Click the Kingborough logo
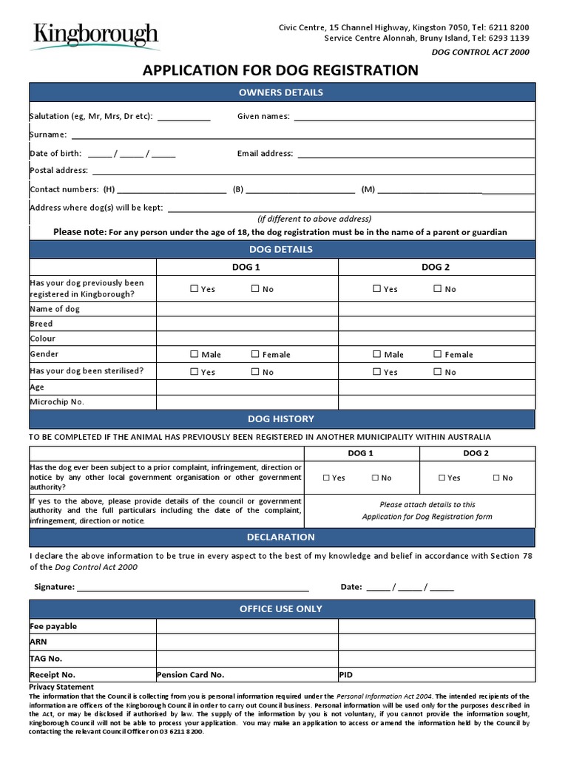coord(94,35)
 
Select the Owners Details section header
coord(281,92)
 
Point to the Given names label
coord(263,116)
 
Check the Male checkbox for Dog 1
coord(195,354)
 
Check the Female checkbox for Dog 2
coord(438,354)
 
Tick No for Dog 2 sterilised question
coord(438,372)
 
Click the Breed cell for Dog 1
coord(247,324)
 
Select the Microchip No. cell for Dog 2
coord(436,401)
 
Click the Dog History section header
coord(281,419)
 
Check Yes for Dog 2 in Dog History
coord(442,478)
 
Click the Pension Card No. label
coord(190,674)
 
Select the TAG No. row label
coord(46,658)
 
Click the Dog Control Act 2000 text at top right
coord(480,52)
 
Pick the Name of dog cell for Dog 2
coord(436,308)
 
